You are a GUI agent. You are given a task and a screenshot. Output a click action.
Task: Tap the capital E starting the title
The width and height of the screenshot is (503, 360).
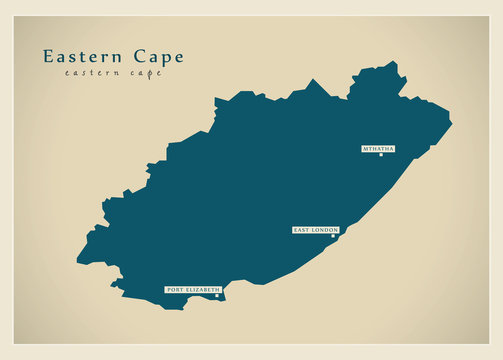pyautogui.click(x=48, y=56)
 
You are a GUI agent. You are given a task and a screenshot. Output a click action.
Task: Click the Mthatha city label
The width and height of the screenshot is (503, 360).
pyautogui.click(x=378, y=148)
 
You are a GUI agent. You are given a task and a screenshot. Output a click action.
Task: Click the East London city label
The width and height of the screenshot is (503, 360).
pyautogui.click(x=315, y=230)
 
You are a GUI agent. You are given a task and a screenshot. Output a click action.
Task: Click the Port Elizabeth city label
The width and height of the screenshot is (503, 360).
pyautogui.click(x=192, y=289)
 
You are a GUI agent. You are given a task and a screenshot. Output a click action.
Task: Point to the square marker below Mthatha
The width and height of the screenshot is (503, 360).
pyautogui.click(x=380, y=155)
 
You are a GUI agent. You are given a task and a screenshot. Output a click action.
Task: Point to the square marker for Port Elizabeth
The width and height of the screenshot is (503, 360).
pyautogui.click(x=216, y=295)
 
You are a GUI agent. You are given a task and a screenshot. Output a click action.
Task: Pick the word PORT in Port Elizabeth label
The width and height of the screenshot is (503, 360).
pyautogui.click(x=174, y=289)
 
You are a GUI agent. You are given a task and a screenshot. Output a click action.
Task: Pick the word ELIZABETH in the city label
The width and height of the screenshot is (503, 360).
pyautogui.click(x=201, y=289)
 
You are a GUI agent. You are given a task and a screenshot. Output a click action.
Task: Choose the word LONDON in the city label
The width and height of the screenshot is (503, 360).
pyautogui.click(x=325, y=230)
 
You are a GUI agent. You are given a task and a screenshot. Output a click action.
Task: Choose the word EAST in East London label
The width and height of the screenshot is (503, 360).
pyautogui.click(x=302, y=230)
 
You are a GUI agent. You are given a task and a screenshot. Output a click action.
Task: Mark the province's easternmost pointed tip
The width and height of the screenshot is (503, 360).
pyautogui.click(x=451, y=125)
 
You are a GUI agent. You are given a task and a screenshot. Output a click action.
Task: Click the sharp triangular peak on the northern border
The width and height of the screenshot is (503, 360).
pyautogui.click(x=317, y=80)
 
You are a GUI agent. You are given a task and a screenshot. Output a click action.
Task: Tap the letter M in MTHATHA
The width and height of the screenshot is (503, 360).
pyautogui.click(x=365, y=148)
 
